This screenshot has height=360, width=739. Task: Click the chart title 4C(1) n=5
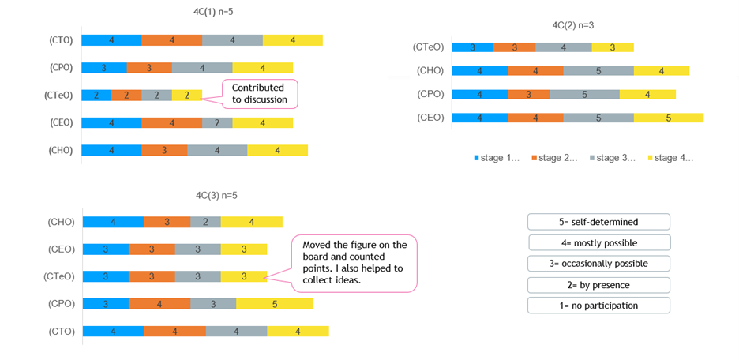[202, 12]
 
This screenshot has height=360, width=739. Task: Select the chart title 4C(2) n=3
[573, 25]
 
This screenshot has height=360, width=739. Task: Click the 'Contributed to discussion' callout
[259, 93]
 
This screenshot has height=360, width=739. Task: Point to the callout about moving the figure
[354, 261]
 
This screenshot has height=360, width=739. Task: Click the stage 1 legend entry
[497, 158]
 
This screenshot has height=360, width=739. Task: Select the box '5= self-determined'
[598, 222]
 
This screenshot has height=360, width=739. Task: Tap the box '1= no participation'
[598, 306]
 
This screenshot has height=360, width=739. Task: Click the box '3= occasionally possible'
[598, 264]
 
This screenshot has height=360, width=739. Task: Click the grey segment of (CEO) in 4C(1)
[217, 122]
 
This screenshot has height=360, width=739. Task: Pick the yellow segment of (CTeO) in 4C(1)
[186, 95]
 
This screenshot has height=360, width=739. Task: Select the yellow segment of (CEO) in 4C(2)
[668, 118]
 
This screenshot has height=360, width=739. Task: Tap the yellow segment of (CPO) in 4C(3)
[275, 304]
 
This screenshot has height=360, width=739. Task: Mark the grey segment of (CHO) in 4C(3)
[205, 222]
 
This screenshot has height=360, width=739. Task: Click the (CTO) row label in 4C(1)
[61, 40]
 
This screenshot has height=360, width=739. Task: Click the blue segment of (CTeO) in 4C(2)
[473, 47]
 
